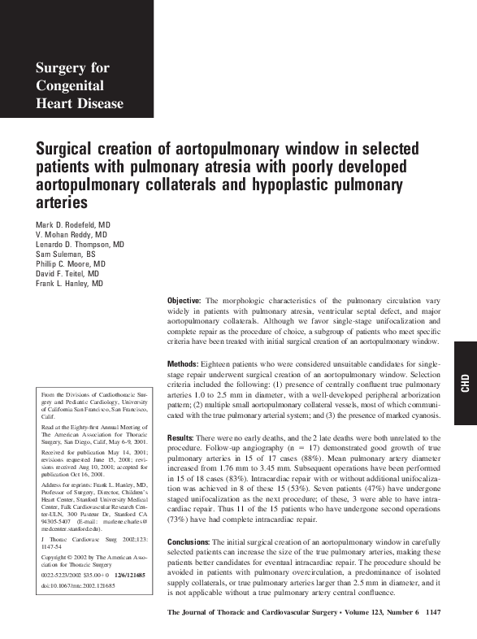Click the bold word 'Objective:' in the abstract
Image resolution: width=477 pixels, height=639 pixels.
pyautogui.click(x=183, y=301)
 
